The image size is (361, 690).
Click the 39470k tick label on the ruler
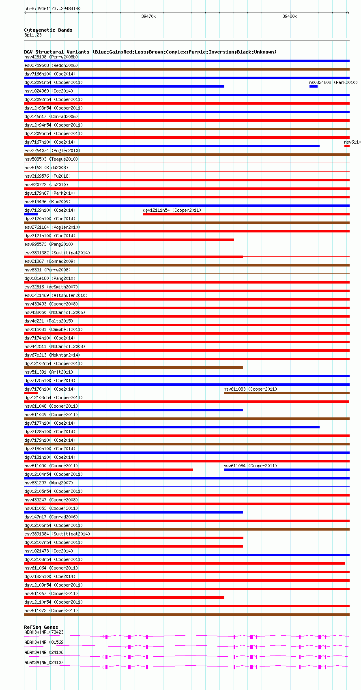(x=148, y=17)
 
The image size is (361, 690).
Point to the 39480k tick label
(x=290, y=17)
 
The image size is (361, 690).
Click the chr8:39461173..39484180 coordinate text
(x=52, y=9)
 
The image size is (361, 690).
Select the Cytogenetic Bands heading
(x=48, y=30)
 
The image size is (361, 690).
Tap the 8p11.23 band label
(x=33, y=35)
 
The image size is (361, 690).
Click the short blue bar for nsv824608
(x=313, y=86)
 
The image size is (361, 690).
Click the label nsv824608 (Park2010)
(x=333, y=82)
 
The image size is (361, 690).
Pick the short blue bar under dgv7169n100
(x=31, y=214)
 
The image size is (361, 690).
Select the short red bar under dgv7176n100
(x=31, y=393)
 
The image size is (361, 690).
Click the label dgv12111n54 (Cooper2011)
(x=172, y=210)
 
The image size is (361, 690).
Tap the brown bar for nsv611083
(x=286, y=393)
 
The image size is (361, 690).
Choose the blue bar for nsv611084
(x=286, y=470)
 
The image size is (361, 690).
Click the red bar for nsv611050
(x=108, y=470)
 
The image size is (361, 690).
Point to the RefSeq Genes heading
(x=41, y=627)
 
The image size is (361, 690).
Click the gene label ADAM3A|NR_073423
(x=44, y=632)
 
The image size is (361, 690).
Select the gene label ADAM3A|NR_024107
(x=44, y=662)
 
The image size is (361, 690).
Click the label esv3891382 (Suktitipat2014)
(x=57, y=253)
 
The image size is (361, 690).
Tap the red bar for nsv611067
(x=124, y=598)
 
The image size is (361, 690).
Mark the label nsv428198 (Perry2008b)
(x=51, y=57)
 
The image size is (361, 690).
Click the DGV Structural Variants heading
(x=150, y=52)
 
